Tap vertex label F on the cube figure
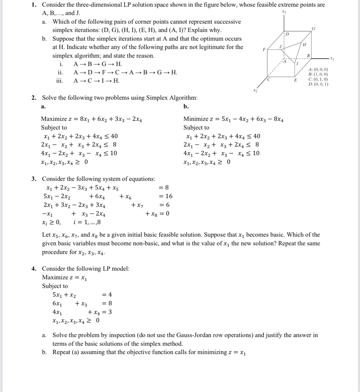[x=264, y=50]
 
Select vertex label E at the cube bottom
[x=296, y=80]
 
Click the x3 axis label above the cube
[x=283, y=12]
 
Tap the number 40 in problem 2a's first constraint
[x=114, y=136]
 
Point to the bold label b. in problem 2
[x=186, y=107]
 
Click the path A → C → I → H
[x=96, y=81]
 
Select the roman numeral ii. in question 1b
[x=59, y=72]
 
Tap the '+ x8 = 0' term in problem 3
[x=157, y=213]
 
